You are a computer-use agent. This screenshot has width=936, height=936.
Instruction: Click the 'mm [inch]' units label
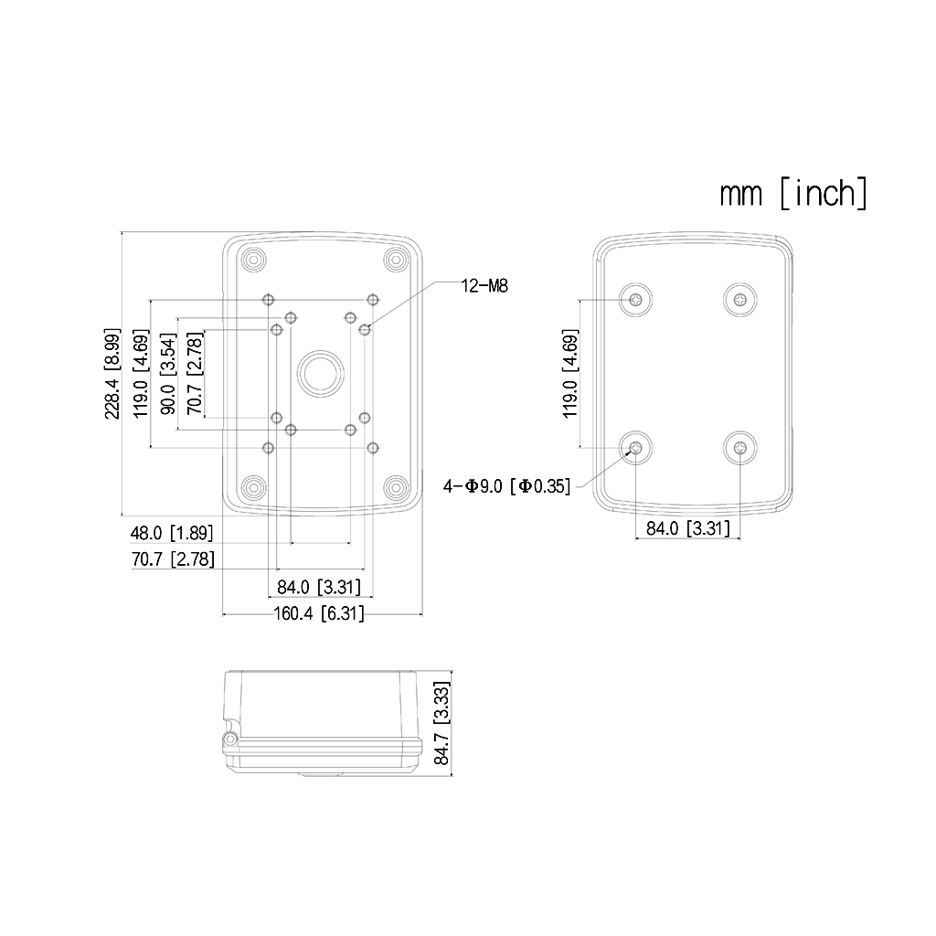point(792,194)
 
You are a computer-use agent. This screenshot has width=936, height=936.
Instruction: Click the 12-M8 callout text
point(484,286)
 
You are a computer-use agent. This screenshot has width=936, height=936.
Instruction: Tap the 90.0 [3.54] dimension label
point(167,373)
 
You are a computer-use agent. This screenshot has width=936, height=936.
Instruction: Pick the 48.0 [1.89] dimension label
point(172,532)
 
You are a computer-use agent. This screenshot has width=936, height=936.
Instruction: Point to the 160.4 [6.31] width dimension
point(319,614)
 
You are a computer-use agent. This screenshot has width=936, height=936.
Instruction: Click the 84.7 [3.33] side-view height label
point(441,723)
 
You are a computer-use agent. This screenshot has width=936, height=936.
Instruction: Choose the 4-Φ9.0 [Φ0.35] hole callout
point(506,486)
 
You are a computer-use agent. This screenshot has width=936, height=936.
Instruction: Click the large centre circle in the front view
point(320,373)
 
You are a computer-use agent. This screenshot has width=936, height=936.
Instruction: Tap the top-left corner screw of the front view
point(252,261)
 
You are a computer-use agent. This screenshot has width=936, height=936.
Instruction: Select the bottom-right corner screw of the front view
point(395,485)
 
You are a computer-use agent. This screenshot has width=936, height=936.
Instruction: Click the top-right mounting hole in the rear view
point(739,299)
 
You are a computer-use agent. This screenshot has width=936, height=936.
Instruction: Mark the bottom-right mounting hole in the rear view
point(739,448)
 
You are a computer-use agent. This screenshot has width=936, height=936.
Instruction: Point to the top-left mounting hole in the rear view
point(635,299)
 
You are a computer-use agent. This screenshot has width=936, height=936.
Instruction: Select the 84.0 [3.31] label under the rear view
point(687,528)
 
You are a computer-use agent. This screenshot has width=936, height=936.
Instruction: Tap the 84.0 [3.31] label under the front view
point(319,587)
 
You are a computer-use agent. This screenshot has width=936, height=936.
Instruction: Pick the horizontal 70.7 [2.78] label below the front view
point(173,558)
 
